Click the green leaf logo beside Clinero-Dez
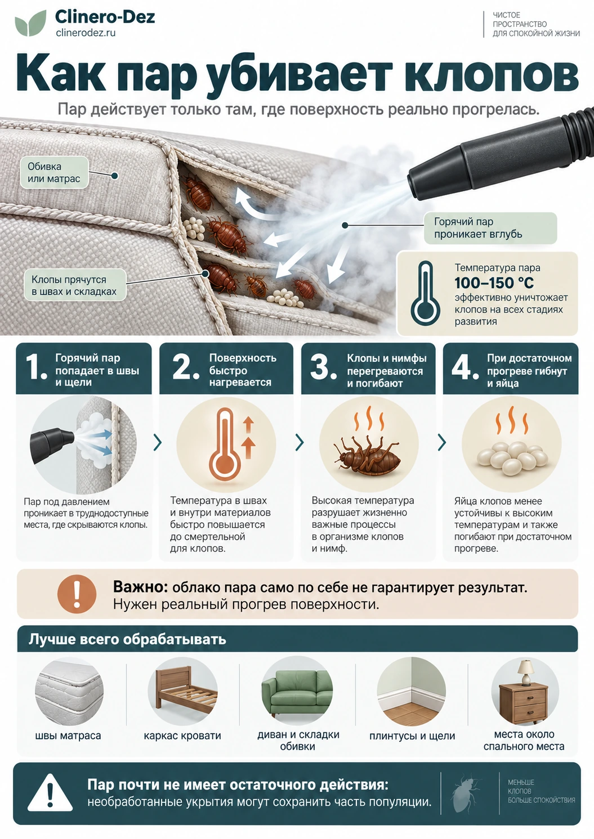[31, 23]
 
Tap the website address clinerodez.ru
[86, 33]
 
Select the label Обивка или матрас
[55, 172]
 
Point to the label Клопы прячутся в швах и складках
[74, 285]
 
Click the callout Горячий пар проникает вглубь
[490, 228]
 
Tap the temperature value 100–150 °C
[494, 283]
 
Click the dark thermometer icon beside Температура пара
[425, 293]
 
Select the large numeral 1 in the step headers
[36, 368]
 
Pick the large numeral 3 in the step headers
[321, 367]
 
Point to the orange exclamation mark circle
[77, 594]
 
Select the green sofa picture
[297, 692]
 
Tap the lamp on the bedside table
[526, 672]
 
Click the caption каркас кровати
[182, 736]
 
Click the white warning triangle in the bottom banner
[50, 791]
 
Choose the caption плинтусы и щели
[412, 736]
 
